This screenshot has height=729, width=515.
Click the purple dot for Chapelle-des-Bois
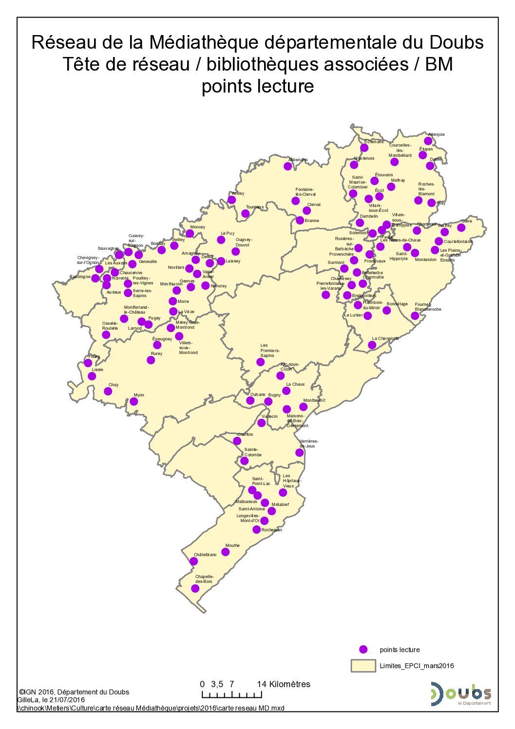point(195,588)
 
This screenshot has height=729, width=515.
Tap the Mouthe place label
point(232,545)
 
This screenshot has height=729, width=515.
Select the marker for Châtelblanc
point(193,561)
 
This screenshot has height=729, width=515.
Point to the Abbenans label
point(298,160)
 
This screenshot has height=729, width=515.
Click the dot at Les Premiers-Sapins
point(260,362)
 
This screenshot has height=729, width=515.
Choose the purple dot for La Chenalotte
point(372,345)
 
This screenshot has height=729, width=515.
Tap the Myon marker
point(134,401)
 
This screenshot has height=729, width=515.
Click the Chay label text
point(113,385)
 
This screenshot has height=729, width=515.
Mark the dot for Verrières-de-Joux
point(299,452)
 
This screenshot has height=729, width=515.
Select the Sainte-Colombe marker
point(244,461)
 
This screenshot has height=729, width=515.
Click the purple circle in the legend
point(362,649)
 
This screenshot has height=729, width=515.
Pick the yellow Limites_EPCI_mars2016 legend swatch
point(363,666)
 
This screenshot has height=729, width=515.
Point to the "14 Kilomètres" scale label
point(284,684)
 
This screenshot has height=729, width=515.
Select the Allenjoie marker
point(428,141)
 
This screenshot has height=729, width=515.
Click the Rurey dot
point(151,360)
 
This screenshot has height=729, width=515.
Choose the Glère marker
point(461,227)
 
